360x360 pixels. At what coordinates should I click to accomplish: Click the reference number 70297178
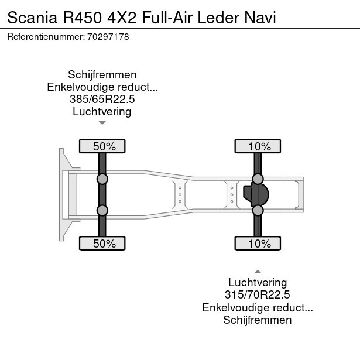pyautogui.click(x=108, y=37)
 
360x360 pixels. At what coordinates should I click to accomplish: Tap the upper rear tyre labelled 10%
pyautogui.click(x=258, y=146)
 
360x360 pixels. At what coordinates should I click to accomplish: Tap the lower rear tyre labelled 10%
pyautogui.click(x=258, y=244)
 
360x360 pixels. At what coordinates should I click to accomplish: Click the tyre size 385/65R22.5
pyautogui.click(x=102, y=100)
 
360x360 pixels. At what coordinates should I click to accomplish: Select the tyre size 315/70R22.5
pyautogui.click(x=258, y=295)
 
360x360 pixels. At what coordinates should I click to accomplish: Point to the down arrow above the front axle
pyautogui.click(x=102, y=123)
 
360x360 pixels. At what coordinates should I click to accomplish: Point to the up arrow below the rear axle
pyautogui.click(x=258, y=272)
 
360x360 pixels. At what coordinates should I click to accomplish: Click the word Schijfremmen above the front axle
pyautogui.click(x=102, y=75)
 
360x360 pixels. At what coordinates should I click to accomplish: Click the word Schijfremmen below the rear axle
pyautogui.click(x=258, y=320)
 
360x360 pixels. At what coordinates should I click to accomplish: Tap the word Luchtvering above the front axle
pyautogui.click(x=102, y=112)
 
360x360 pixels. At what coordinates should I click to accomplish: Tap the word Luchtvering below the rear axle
pyautogui.click(x=258, y=283)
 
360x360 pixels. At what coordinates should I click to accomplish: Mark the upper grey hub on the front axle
pyautogui.click(x=102, y=179)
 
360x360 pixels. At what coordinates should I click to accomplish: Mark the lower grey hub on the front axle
pyautogui.click(x=102, y=210)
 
